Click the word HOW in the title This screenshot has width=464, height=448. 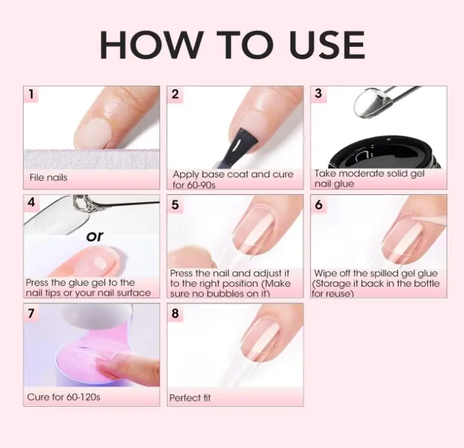pos(151,44)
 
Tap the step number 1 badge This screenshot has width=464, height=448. pos(31,95)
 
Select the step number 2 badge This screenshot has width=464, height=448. pos(175,95)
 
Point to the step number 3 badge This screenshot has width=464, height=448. pos(318,94)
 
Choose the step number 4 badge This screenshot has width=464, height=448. pos(31,202)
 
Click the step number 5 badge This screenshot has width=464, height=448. pos(175,204)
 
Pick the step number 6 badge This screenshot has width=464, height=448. pos(318,204)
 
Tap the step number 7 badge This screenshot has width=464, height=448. pos(31,313)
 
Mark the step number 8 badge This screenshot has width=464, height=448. pos(175,313)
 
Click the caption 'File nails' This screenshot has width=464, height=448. pos(48,178)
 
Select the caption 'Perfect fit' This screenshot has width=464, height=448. pos(190,398)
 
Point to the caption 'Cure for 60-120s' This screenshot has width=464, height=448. pos(63,397)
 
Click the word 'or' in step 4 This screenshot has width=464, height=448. pos(94,237)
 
